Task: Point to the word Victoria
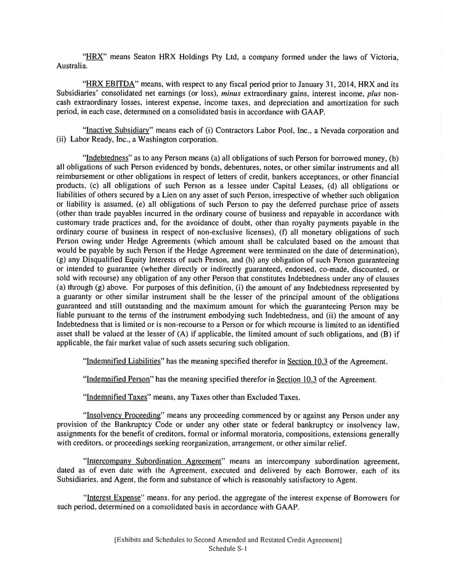click(x=381, y=57)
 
